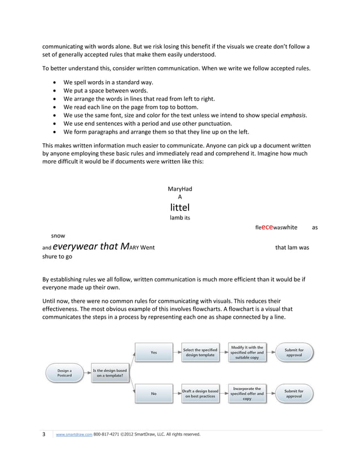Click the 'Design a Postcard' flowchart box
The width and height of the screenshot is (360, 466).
64,373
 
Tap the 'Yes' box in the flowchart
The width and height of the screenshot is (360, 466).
153,353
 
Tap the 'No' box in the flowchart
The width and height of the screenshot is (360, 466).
153,394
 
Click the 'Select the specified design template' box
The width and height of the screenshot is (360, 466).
200,353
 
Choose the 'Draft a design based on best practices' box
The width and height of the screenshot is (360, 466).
200,394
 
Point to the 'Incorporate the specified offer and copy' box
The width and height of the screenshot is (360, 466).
247,393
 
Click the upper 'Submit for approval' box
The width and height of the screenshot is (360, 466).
293,353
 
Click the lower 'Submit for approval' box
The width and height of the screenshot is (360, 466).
293,394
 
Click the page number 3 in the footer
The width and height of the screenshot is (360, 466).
44,434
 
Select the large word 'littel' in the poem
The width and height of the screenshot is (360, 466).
179,207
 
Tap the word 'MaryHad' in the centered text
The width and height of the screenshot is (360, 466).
179,188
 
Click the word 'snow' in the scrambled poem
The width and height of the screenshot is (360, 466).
58,236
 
